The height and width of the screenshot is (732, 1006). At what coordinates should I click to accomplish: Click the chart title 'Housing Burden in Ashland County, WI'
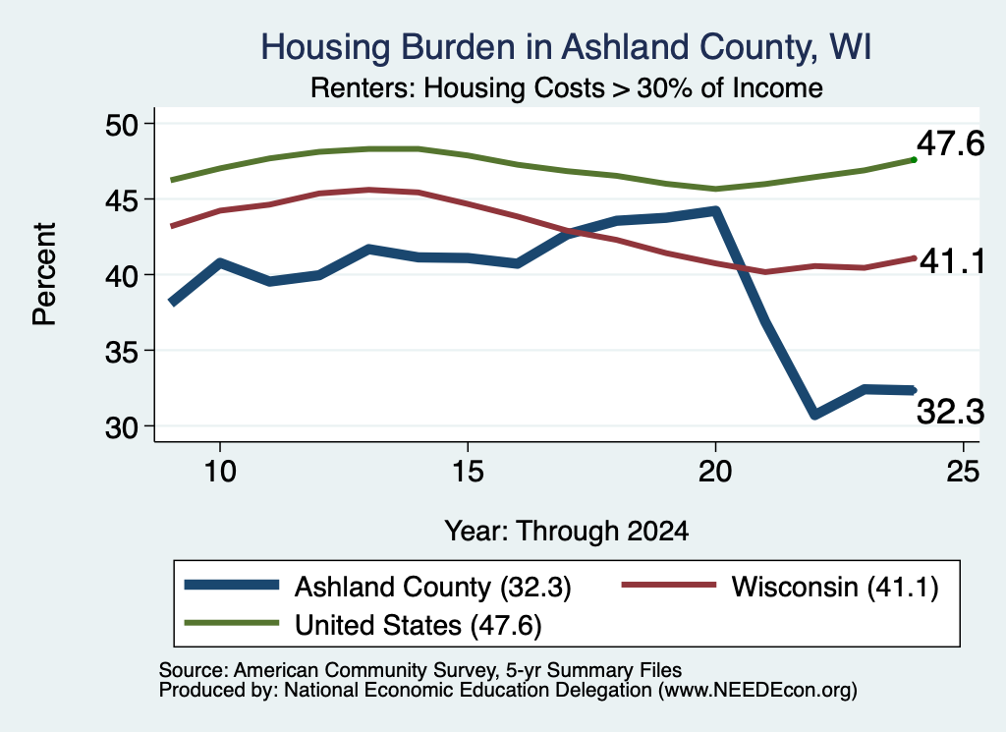566,47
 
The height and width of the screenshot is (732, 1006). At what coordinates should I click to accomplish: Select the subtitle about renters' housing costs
567,87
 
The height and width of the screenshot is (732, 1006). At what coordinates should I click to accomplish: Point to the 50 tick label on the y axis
122,125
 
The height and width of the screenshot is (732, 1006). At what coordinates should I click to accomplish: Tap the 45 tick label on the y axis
122,200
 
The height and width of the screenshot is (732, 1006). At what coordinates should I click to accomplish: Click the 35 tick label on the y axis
122,352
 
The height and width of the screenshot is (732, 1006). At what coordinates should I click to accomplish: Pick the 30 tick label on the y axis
122,427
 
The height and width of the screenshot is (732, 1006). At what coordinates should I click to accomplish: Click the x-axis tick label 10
220,473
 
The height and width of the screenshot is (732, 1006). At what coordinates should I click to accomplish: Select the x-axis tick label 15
468,473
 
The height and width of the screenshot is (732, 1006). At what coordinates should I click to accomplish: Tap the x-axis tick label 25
963,473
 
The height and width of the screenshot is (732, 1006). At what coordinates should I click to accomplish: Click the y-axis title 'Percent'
44,274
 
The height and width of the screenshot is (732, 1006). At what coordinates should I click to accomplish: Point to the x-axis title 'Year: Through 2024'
567,532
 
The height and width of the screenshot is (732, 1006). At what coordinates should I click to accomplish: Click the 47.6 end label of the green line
950,143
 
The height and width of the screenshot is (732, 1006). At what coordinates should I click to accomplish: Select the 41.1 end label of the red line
952,261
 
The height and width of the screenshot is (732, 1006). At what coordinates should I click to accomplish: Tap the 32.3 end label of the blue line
950,412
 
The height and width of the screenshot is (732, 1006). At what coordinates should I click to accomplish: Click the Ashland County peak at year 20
715,210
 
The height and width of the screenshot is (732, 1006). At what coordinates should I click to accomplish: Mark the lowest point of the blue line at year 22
814,415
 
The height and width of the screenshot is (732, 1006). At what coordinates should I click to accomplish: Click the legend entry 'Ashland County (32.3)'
377,587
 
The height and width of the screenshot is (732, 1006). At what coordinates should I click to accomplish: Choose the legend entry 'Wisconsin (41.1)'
780,587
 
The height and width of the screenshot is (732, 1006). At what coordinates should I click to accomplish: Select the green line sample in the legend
232,623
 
